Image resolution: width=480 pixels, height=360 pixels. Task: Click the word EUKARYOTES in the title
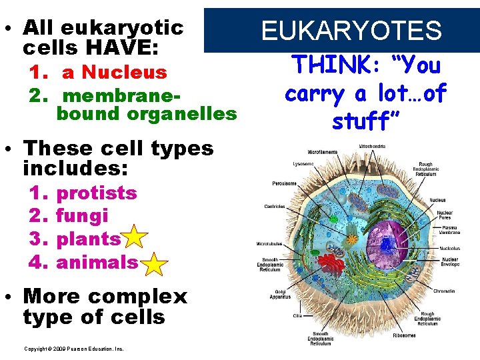351,31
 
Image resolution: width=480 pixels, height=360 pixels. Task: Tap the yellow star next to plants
135,238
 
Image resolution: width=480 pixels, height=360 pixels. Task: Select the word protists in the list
97,193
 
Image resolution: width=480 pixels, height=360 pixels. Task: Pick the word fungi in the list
82,216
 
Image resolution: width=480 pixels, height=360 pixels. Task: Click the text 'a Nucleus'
114,72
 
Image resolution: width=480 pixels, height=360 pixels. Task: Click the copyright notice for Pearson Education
73,349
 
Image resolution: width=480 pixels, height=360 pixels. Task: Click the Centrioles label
273,206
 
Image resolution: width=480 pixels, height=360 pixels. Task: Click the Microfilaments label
323,152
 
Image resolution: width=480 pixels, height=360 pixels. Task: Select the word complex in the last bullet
139,296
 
